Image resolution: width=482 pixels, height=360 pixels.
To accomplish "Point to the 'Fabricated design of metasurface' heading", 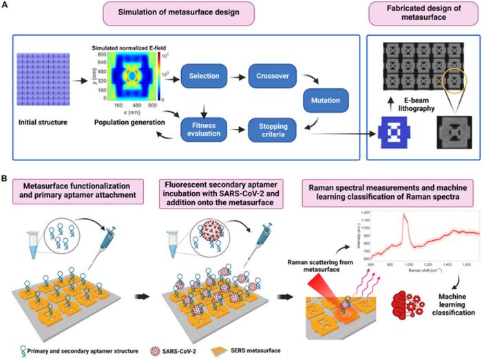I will [x=421, y=16].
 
